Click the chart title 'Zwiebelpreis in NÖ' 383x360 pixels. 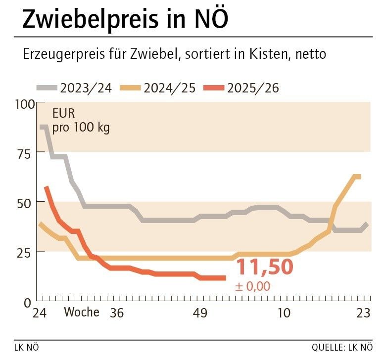click(x=126, y=19)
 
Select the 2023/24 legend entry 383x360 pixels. click(x=74, y=88)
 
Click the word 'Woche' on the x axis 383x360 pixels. click(x=82, y=313)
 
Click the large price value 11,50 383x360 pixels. click(x=264, y=268)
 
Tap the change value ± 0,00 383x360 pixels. click(x=253, y=286)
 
